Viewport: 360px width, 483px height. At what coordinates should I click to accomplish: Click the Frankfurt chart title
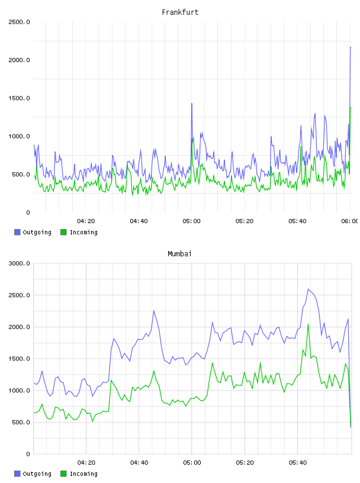click(x=180, y=12)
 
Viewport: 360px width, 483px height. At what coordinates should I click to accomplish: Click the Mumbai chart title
click(x=179, y=254)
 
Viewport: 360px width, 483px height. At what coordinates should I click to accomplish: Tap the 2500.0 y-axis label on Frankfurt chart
click(x=19, y=22)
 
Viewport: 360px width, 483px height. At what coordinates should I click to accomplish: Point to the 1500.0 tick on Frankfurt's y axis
click(x=19, y=98)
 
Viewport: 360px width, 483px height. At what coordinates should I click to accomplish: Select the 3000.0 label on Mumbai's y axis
click(x=19, y=263)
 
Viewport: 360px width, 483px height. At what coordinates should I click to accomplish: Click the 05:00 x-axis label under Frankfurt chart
click(x=191, y=221)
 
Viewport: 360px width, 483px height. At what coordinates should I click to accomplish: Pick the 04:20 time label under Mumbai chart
click(x=86, y=463)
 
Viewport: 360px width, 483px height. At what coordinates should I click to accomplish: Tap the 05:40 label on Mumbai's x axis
click(x=297, y=463)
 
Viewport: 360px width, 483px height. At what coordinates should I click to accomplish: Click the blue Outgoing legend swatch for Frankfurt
click(x=17, y=232)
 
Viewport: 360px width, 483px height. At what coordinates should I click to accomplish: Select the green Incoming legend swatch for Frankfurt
click(x=63, y=232)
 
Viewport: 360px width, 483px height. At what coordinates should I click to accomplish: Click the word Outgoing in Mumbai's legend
click(x=37, y=474)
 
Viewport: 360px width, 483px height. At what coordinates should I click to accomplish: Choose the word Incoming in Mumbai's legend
click(x=83, y=474)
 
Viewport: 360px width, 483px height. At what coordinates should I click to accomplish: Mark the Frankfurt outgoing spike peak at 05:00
click(x=192, y=104)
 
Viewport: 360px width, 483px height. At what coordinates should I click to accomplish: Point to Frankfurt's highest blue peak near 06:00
click(x=351, y=47)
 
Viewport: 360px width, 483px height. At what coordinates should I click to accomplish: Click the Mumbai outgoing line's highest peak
click(x=308, y=289)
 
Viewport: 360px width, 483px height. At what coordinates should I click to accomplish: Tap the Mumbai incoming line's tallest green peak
click(x=308, y=324)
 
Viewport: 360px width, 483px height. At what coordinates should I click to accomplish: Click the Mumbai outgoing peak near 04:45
click(x=154, y=311)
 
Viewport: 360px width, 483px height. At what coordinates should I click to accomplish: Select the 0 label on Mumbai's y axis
click(x=28, y=454)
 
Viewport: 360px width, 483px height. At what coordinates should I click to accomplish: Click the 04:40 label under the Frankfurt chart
click(x=139, y=221)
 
